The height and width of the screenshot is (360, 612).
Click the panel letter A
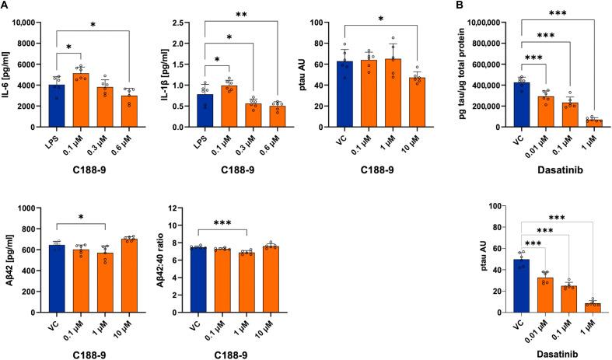5,6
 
